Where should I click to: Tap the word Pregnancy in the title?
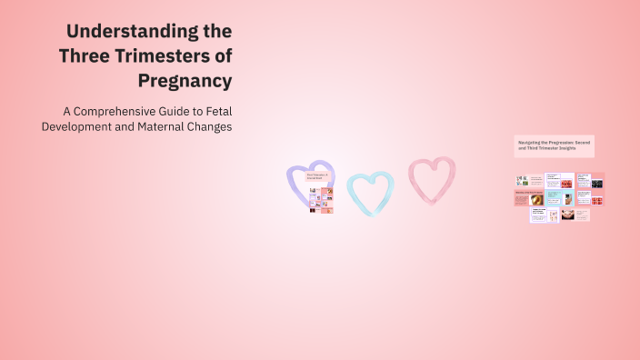[x=185, y=81]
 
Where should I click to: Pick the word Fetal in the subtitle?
[x=218, y=111]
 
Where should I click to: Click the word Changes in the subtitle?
[x=210, y=126]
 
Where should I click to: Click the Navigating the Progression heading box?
[x=553, y=145]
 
